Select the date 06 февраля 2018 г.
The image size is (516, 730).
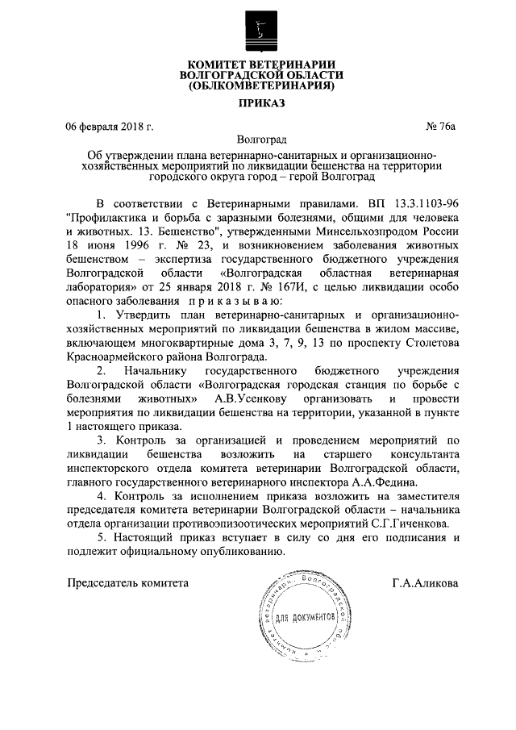(110, 125)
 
